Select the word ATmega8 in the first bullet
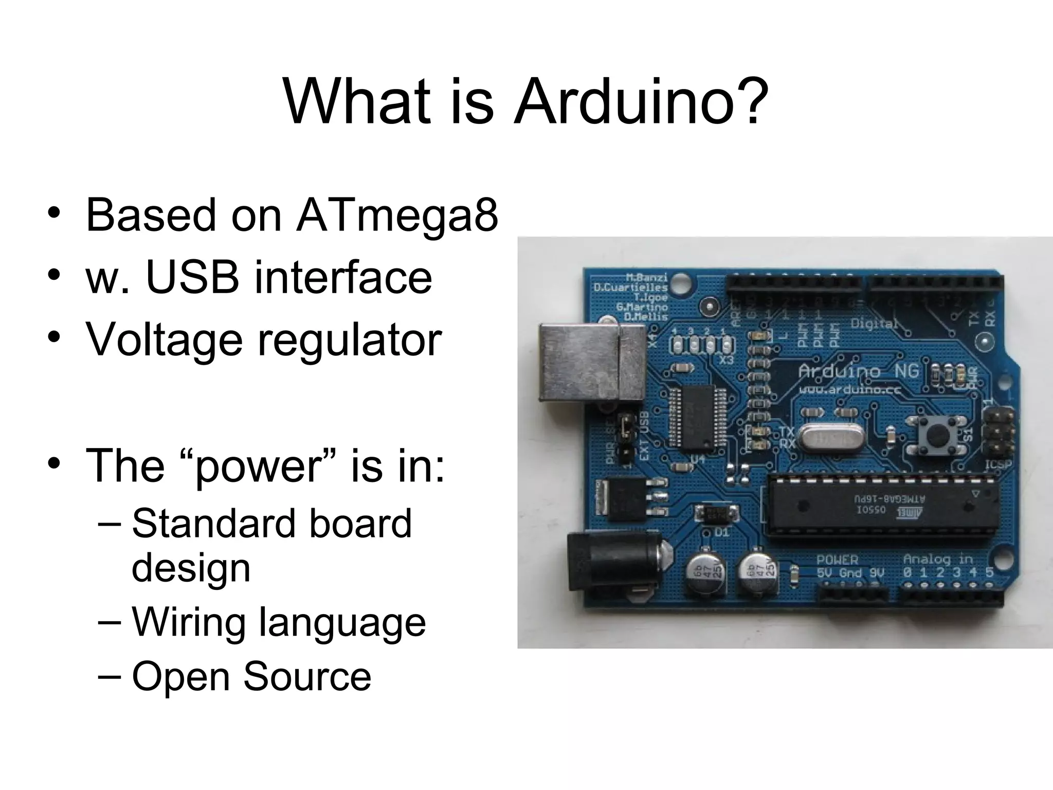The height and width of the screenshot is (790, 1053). tap(396, 214)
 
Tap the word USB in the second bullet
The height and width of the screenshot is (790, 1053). tap(192, 277)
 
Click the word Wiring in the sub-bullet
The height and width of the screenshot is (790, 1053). tap(188, 622)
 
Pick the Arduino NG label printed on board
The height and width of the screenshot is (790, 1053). tap(858, 370)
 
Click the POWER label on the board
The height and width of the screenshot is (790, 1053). tap(837, 560)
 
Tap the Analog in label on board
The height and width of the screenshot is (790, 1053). tap(938, 559)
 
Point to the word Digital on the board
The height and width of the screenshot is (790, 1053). tap(874, 324)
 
